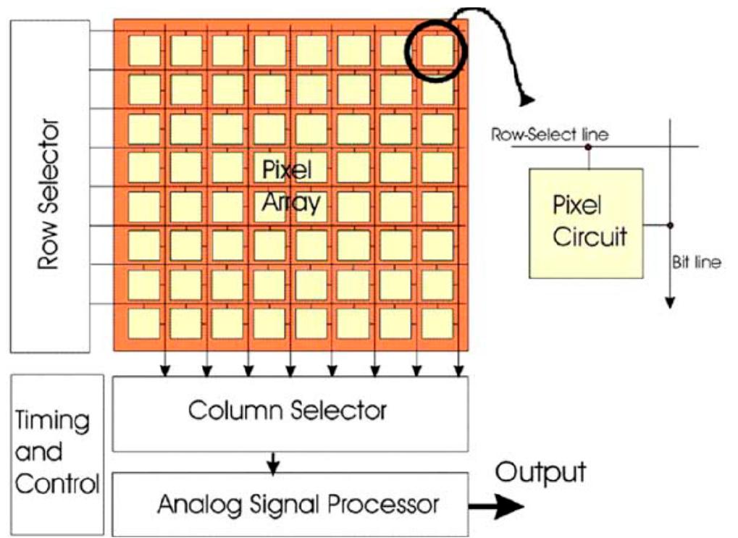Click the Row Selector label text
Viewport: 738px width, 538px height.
tap(49, 194)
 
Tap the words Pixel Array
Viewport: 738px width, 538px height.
tap(291, 186)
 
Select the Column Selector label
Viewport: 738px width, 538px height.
tap(288, 410)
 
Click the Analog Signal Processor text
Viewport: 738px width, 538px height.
tap(298, 505)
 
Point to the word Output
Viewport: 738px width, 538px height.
tap(541, 473)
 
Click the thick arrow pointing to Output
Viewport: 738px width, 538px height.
tap(496, 506)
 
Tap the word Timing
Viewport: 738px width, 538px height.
tap(52, 420)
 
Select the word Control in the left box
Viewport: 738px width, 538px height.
tap(57, 484)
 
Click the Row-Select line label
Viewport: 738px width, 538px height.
tap(550, 135)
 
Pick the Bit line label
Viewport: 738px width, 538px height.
tap(697, 262)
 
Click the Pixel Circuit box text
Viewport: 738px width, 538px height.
tap(590, 221)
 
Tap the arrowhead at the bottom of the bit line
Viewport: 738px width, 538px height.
tap(670, 302)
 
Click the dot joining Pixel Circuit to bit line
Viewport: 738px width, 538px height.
tap(670, 225)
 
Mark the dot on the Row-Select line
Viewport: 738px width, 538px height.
tap(588, 147)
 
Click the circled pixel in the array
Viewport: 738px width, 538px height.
tap(437, 51)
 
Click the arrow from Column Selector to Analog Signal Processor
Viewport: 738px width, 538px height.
tap(273, 462)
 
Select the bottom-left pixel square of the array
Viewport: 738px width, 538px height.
tap(144, 323)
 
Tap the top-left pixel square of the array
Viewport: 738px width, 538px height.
tap(144, 51)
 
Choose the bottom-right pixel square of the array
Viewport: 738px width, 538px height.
tap(437, 323)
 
